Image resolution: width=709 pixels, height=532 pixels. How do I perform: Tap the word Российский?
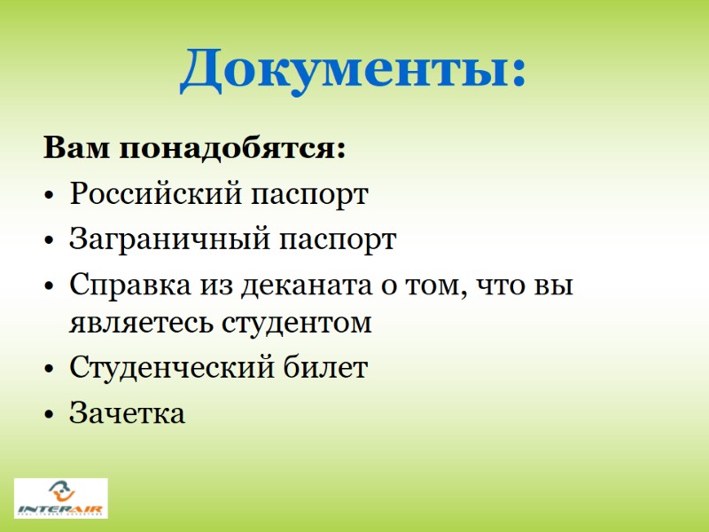(x=151, y=193)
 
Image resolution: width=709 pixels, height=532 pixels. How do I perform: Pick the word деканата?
(x=302, y=286)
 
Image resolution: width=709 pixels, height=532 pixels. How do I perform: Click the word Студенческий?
(x=169, y=368)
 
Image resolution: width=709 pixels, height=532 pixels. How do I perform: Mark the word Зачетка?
(x=128, y=413)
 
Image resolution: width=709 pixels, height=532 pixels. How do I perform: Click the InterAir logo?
(x=60, y=498)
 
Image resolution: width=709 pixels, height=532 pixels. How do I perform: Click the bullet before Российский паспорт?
(x=50, y=194)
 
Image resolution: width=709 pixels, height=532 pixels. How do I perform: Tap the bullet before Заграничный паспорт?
(x=50, y=240)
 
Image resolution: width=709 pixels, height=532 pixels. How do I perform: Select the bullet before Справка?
(x=50, y=286)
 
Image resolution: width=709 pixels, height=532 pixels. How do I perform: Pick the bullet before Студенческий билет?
(x=50, y=369)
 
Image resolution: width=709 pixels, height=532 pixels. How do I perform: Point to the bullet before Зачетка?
(x=50, y=414)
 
